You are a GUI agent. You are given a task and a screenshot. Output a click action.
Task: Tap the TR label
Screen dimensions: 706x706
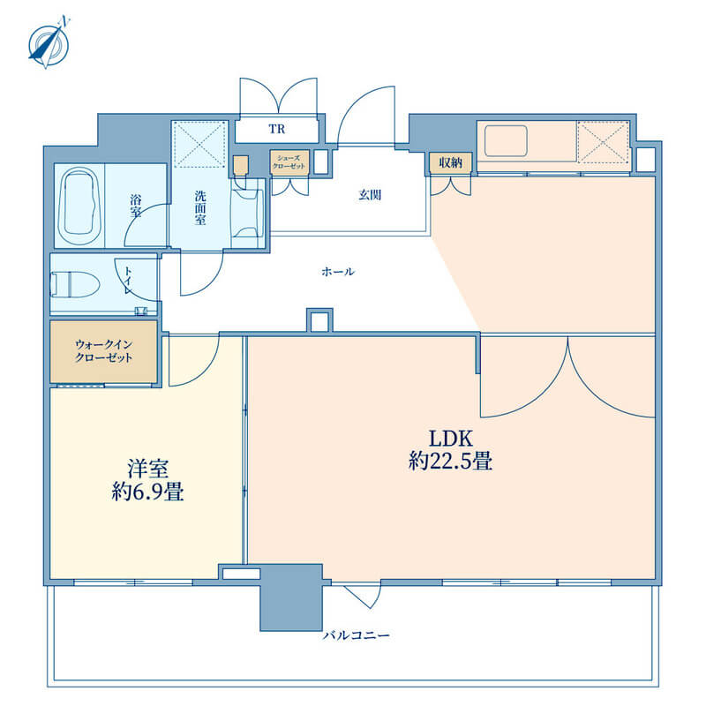point(277,129)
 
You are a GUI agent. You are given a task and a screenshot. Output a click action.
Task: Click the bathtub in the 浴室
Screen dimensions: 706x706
point(79,206)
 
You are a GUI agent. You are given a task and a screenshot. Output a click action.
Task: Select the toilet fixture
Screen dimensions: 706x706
point(75,284)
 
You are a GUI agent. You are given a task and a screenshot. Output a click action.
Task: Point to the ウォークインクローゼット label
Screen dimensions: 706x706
point(103,351)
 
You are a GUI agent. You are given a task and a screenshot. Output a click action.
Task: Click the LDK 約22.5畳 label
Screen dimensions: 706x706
point(450,450)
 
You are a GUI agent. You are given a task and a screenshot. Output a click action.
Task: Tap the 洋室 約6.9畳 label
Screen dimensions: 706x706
point(147,480)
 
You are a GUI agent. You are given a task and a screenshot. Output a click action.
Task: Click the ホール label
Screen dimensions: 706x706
point(338,272)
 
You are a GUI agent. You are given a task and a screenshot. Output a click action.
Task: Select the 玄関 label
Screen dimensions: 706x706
point(370,195)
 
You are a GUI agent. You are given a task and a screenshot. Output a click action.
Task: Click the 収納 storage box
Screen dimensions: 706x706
point(450,162)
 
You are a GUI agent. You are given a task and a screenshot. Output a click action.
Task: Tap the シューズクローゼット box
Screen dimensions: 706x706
point(289,162)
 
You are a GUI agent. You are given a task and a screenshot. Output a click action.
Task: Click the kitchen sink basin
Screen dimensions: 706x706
point(506,141)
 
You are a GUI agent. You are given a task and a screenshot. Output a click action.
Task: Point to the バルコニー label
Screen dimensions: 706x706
point(357,635)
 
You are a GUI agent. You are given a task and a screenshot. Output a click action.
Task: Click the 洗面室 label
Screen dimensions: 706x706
point(200,207)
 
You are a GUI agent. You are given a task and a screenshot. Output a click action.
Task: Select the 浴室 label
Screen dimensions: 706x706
point(136,206)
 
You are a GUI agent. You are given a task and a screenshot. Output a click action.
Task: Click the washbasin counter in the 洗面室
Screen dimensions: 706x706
point(247,213)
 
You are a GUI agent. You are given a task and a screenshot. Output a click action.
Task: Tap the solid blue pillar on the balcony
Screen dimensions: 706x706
point(291,597)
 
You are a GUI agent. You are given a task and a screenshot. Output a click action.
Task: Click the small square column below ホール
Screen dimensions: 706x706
point(319,320)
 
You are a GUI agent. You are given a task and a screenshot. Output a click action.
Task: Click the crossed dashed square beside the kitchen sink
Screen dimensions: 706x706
point(603,141)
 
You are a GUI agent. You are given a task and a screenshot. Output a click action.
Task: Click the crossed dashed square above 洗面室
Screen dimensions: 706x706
point(199,144)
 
